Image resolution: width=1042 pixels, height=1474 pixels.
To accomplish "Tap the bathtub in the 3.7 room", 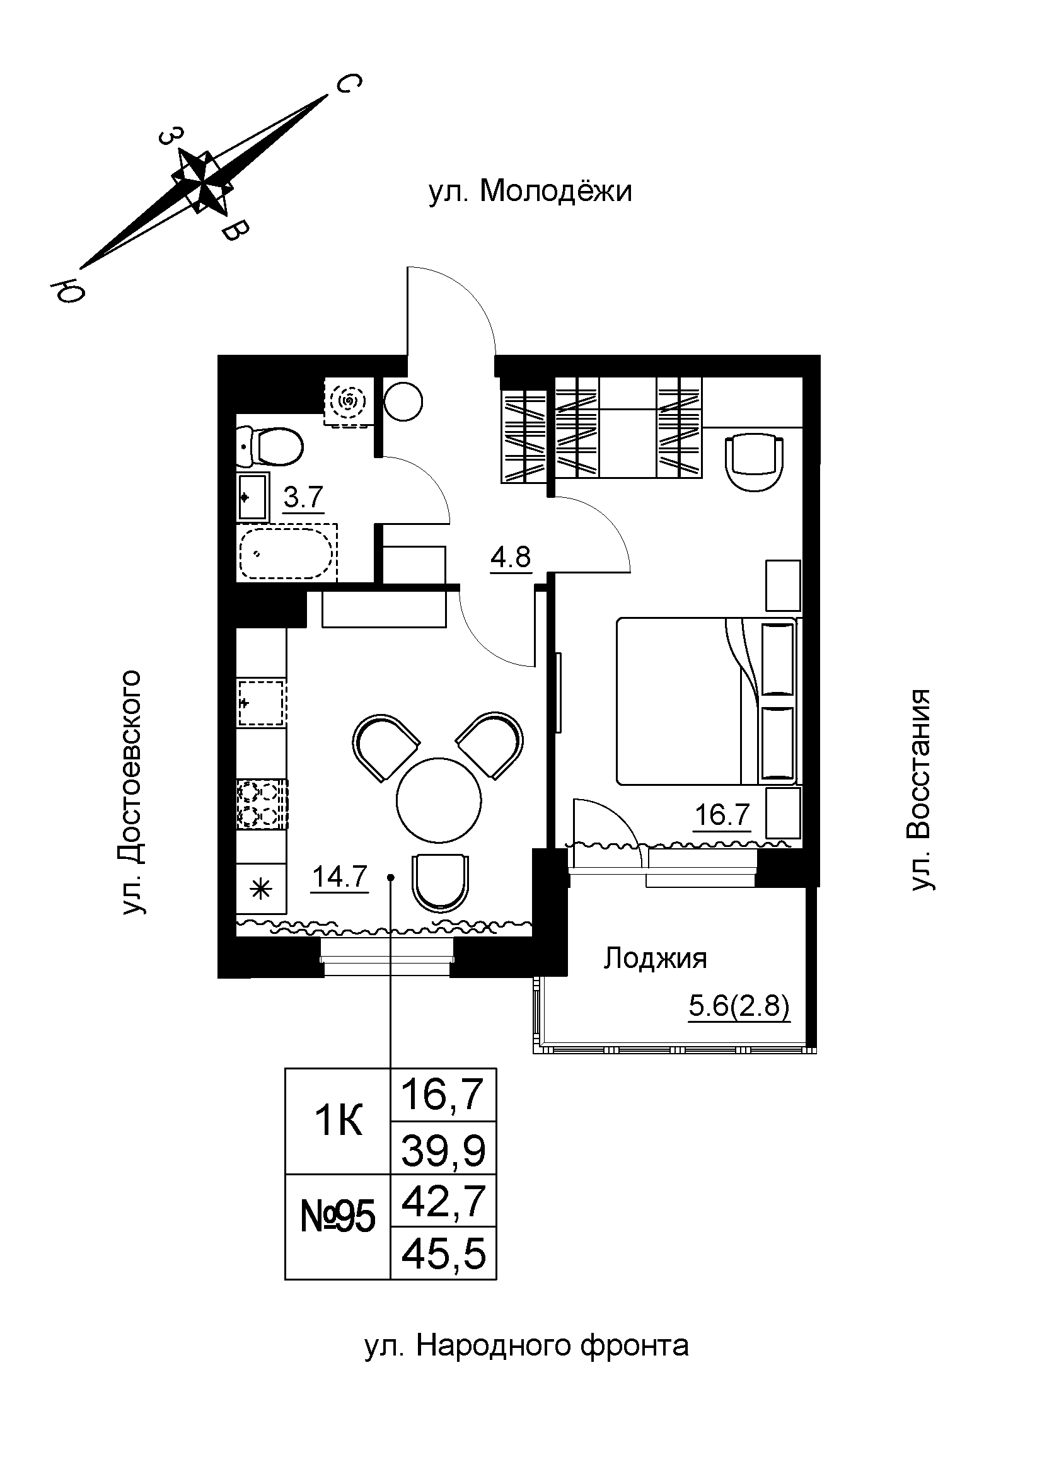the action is tap(287, 553).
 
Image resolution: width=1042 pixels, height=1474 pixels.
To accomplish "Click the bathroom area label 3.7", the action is tap(304, 498).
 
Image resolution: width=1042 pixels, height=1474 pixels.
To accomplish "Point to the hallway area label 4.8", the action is tap(511, 557).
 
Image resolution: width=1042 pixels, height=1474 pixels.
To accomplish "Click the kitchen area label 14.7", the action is tap(340, 876).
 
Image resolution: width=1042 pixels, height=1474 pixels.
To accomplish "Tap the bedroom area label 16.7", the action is tap(722, 815).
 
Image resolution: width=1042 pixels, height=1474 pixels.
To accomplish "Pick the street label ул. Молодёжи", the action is tap(530, 192).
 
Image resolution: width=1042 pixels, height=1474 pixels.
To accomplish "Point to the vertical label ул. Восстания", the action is tap(919, 790).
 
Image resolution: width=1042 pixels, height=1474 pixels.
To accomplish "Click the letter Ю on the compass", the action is tap(70, 290).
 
